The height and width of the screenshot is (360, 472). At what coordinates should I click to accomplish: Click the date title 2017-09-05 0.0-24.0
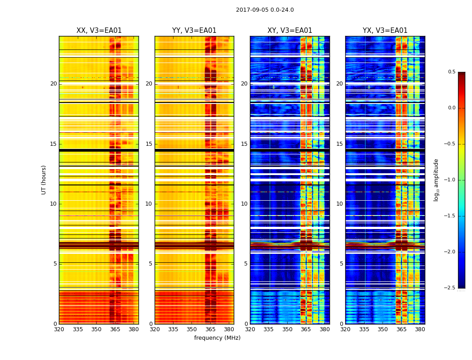[x=265, y=10]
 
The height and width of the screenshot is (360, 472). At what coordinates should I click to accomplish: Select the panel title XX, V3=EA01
[x=99, y=31]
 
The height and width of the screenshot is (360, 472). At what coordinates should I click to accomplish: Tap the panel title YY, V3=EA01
[x=194, y=31]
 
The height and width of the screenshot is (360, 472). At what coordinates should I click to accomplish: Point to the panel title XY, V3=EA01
[x=289, y=31]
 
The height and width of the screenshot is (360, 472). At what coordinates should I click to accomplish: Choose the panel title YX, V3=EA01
[x=385, y=31]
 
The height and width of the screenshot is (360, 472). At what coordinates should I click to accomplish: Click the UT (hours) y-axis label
[x=44, y=180]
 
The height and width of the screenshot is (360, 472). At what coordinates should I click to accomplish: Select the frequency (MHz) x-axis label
[x=217, y=338]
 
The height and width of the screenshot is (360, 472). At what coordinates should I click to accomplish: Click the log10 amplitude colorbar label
[x=436, y=180]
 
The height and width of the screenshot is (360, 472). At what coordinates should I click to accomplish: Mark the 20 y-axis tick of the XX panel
[x=53, y=84]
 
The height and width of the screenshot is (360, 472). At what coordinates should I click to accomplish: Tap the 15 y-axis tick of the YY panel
[x=149, y=144]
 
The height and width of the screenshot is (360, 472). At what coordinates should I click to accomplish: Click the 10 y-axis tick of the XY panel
[x=245, y=204]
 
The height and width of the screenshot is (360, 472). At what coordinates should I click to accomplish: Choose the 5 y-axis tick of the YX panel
[x=342, y=264]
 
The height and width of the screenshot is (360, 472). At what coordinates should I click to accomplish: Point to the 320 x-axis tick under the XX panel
[x=59, y=329]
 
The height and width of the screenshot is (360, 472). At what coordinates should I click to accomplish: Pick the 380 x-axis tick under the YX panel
[x=420, y=329]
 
